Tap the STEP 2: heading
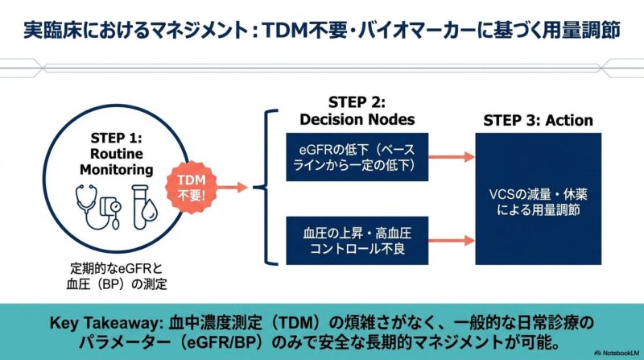tap(357, 102)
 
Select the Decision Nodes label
tap(357, 120)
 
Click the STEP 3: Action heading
tap(538, 121)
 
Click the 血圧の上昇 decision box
tap(357, 239)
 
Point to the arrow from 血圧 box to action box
tap(451, 239)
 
